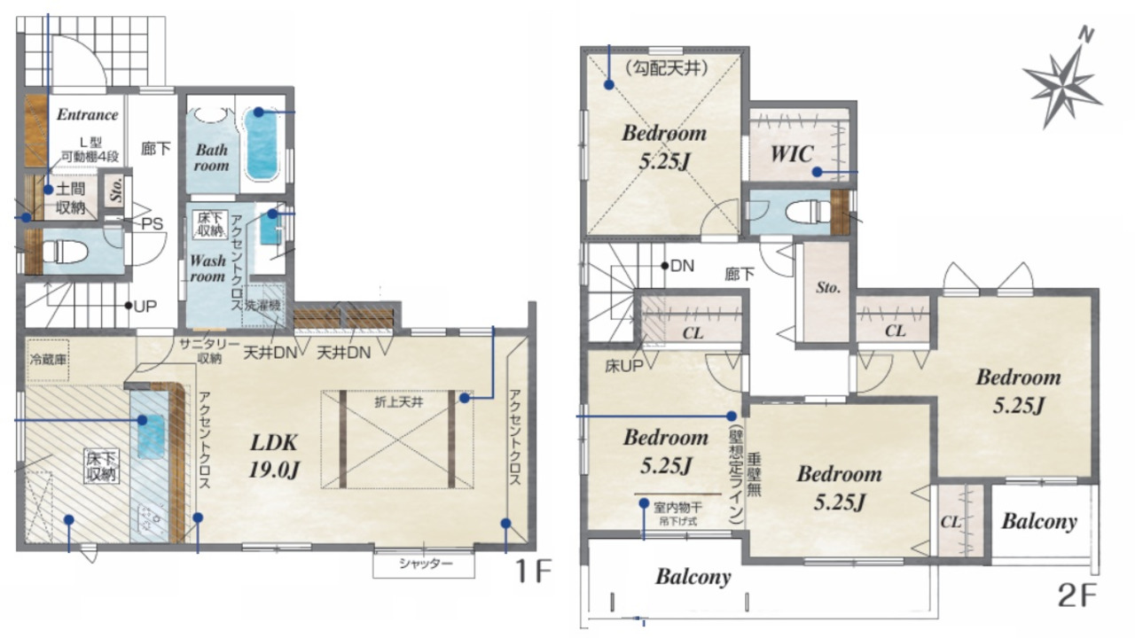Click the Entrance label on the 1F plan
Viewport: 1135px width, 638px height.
pos(87,114)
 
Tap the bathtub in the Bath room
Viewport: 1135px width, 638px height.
pos(262,144)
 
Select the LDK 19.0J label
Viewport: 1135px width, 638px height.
pos(274,456)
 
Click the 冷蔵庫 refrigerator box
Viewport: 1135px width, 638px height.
pos(48,360)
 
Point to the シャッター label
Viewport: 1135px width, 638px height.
pos(426,564)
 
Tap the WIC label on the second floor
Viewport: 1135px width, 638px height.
pos(792,153)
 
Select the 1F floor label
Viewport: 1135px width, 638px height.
pos(533,572)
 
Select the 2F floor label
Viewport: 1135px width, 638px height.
pos(1076,595)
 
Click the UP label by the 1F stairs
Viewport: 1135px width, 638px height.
pos(145,307)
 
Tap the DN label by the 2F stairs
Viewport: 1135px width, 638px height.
pos(682,266)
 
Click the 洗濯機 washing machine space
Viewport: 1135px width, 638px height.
pos(263,306)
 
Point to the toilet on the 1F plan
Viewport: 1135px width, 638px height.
pos(66,251)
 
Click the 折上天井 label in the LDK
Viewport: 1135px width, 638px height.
pos(399,402)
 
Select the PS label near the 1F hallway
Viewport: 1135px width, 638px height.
pos(152,223)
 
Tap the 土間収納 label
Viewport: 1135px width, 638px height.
pos(70,198)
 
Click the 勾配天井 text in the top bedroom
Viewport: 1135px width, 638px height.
pos(666,67)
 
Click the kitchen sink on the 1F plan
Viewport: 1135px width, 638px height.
pos(151,437)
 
